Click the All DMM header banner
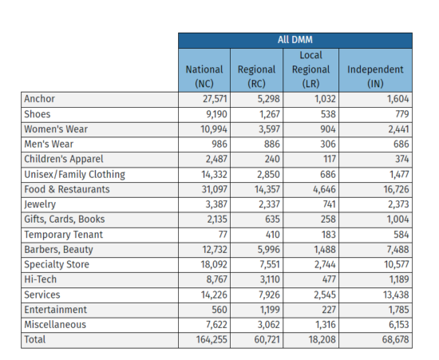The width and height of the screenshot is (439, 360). pos(295,40)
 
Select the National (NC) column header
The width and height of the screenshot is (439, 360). pos(204,69)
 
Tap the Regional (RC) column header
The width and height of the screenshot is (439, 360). pos(257,69)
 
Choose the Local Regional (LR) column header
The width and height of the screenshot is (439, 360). pos(310,69)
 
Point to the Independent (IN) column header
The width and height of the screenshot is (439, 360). pos(375,69)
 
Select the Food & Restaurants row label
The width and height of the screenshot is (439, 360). pos(67,189)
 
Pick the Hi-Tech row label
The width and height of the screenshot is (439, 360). pos(42,279)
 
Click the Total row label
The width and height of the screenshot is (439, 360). pos(36,339)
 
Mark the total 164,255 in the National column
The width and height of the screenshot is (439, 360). pos(208,339)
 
